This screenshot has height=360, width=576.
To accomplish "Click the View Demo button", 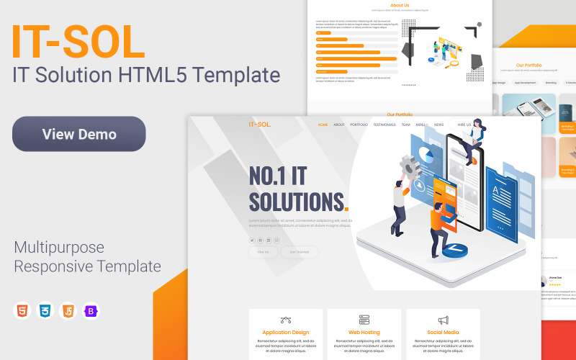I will coord(79,134).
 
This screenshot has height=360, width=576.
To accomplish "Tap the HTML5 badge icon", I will coord(22,311).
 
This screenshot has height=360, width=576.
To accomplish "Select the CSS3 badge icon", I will coord(45,311).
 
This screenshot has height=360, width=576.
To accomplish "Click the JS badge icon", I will coord(68,311).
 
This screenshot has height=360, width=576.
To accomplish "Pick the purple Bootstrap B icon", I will coord(91,311).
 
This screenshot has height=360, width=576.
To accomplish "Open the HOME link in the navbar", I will coord(323,125).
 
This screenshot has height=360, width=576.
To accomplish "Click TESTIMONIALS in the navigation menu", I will coord(384,125).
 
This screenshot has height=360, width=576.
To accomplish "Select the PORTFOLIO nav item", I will coord(359,125).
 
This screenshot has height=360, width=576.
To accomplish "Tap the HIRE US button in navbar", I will coord(464,125).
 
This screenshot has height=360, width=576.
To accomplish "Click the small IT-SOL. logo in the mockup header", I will coord(260,125).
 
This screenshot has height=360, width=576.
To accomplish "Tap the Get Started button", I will coord(299,252).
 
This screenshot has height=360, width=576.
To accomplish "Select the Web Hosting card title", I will coord(364,333).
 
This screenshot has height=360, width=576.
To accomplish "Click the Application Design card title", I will coord(286,333).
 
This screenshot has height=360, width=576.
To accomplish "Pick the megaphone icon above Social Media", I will coord(443,320).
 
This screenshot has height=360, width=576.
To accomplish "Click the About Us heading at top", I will coord(400,5).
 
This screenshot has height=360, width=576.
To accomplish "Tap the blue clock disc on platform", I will coord(454,249).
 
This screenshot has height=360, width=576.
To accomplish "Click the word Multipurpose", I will coord(59,248).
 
